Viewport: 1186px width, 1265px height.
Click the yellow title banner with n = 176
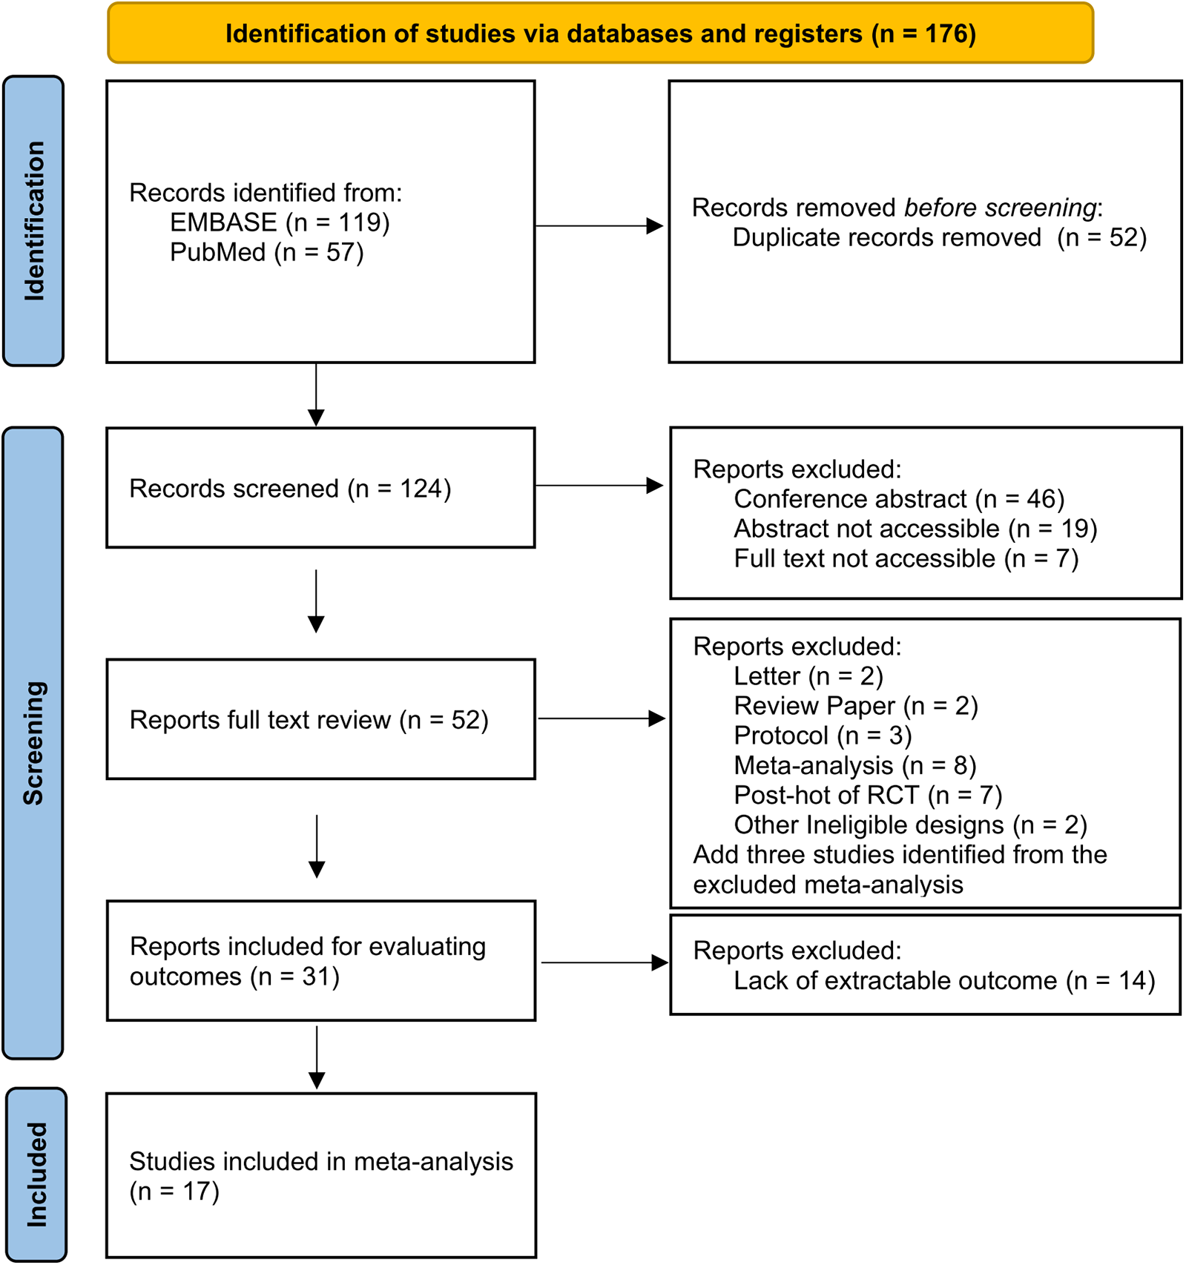pyautogui.click(x=600, y=34)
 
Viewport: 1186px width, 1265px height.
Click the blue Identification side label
pyautogui.click(x=34, y=221)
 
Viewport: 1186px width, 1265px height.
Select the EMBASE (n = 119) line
pyautogui.click(x=280, y=222)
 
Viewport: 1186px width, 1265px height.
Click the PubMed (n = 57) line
pyautogui.click(x=266, y=252)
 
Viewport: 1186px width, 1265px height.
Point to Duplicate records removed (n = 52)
pyautogui.click(x=939, y=237)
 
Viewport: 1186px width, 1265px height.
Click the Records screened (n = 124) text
pyautogui.click(x=290, y=489)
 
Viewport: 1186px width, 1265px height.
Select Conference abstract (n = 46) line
pyautogui.click(x=899, y=499)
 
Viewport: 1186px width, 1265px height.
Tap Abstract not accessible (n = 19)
pyautogui.click(x=915, y=529)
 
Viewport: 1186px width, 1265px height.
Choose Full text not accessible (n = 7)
pyautogui.click(x=906, y=558)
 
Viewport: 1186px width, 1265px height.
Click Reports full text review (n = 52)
pyautogui.click(x=309, y=720)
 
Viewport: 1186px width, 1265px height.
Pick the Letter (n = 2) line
pyautogui.click(x=808, y=676)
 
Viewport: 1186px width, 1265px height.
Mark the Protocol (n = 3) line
pyautogui.click(x=822, y=736)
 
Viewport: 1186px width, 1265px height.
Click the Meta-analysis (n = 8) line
pyautogui.click(x=854, y=765)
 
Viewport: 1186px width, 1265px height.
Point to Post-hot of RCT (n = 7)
pyautogui.click(x=868, y=795)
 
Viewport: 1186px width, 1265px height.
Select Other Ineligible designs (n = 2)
pyautogui.click(x=910, y=825)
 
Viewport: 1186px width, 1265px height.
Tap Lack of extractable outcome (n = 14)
pyautogui.click(x=944, y=980)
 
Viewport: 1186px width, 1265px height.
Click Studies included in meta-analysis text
pyautogui.click(x=320, y=1161)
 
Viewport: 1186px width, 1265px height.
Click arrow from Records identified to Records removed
pyautogui.click(x=599, y=225)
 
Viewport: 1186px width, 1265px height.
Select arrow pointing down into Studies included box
pyautogui.click(x=317, y=1059)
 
